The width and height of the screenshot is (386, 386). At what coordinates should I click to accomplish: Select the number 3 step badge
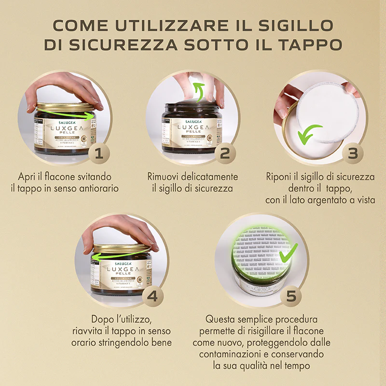tap(353, 153)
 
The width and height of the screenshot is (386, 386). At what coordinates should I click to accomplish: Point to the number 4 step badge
tap(152, 296)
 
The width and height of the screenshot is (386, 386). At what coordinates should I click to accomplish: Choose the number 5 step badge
tap(290, 296)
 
